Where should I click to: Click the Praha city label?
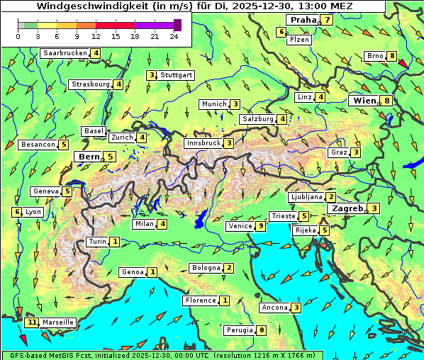pyautogui.click(x=302, y=20)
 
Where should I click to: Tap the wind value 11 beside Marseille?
pyautogui.click(x=31, y=322)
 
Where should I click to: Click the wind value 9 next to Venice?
pyautogui.click(x=261, y=226)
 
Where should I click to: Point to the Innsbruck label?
pyautogui.click(x=203, y=143)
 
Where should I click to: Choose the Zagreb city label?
pyautogui.click(x=346, y=208)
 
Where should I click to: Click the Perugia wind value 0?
pyautogui.click(x=261, y=330)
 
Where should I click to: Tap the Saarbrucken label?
pyautogui.click(x=65, y=53)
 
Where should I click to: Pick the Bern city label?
pyautogui.click(x=89, y=157)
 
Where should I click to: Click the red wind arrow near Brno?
pyautogui.click(x=403, y=64)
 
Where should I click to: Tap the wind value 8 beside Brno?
pyautogui.click(x=391, y=56)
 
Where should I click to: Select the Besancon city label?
pyautogui.click(x=38, y=145)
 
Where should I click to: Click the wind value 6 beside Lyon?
pyautogui.click(x=17, y=212)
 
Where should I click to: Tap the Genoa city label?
pyautogui.click(x=133, y=272)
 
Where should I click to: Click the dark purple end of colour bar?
pyautogui.click(x=177, y=25)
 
